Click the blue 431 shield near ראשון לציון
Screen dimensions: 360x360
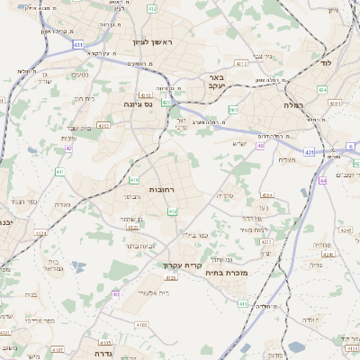coord(79,43)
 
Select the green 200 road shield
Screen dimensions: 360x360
coord(233,110)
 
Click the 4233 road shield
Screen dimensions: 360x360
coord(265,241)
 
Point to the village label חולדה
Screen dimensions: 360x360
coord(306,319)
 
